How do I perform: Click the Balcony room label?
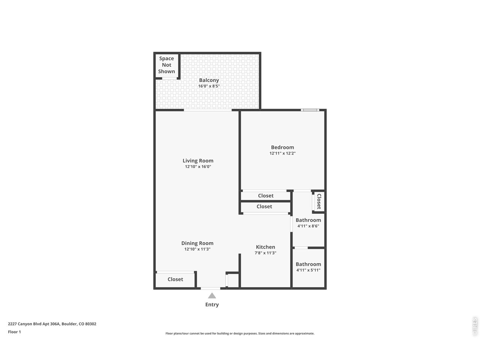pos(209,80)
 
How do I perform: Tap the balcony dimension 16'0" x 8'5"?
pos(209,86)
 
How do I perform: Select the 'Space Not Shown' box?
pos(166,65)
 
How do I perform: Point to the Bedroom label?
pos(282,147)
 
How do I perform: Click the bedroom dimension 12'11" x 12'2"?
pos(282,153)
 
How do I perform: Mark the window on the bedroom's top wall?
pos(310,110)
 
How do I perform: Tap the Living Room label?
pos(198,161)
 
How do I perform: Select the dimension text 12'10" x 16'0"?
pos(198,167)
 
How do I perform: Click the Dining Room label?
pos(197,243)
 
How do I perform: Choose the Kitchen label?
pos(265,247)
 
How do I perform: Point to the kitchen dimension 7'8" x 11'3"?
pos(265,253)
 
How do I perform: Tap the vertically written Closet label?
pos(319,201)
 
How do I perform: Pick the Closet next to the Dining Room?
pos(175,279)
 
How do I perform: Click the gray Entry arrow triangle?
pos(212,295)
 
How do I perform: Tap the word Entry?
pos(212,304)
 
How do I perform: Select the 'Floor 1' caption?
pos(14,332)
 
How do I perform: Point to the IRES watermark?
pos(475,327)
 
